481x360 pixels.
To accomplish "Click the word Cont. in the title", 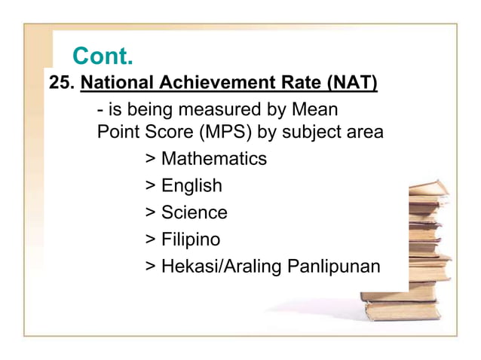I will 103,56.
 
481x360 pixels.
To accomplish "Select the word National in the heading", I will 115,82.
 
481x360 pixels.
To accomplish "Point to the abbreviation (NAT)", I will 349,82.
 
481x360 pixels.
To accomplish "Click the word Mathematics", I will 213,160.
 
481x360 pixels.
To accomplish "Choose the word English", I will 191,186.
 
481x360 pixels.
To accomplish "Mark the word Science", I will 194,213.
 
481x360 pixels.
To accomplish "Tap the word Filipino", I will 191,240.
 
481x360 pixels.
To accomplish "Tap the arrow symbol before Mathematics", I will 151,160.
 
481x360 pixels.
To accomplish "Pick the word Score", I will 170,133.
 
